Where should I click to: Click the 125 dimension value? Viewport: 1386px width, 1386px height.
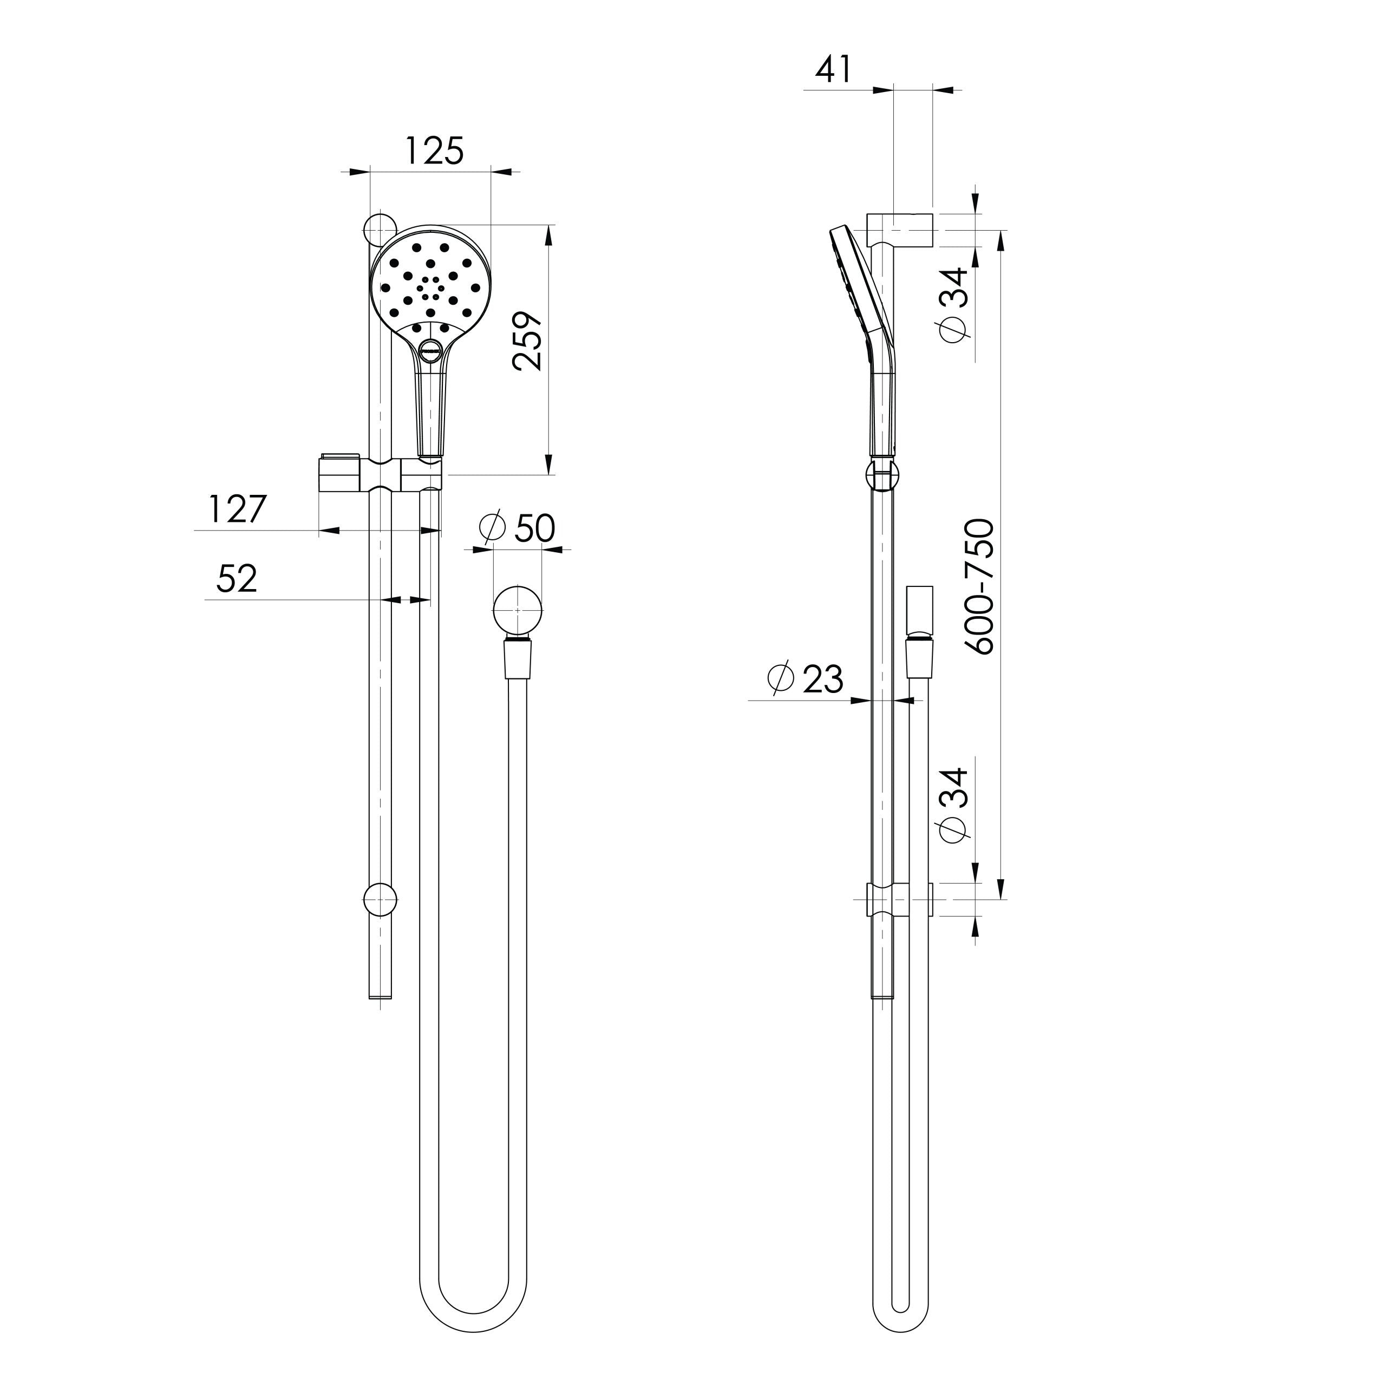(434, 152)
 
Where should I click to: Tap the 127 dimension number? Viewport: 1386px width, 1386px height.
(238, 509)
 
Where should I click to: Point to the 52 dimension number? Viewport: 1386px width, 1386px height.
(237, 579)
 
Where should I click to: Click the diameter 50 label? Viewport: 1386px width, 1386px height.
(517, 529)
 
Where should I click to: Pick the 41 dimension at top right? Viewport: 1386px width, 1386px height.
(834, 70)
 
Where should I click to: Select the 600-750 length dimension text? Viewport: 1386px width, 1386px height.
(979, 586)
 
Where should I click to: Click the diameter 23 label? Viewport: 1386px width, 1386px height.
(805, 678)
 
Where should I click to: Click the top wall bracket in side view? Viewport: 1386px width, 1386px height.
(900, 230)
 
